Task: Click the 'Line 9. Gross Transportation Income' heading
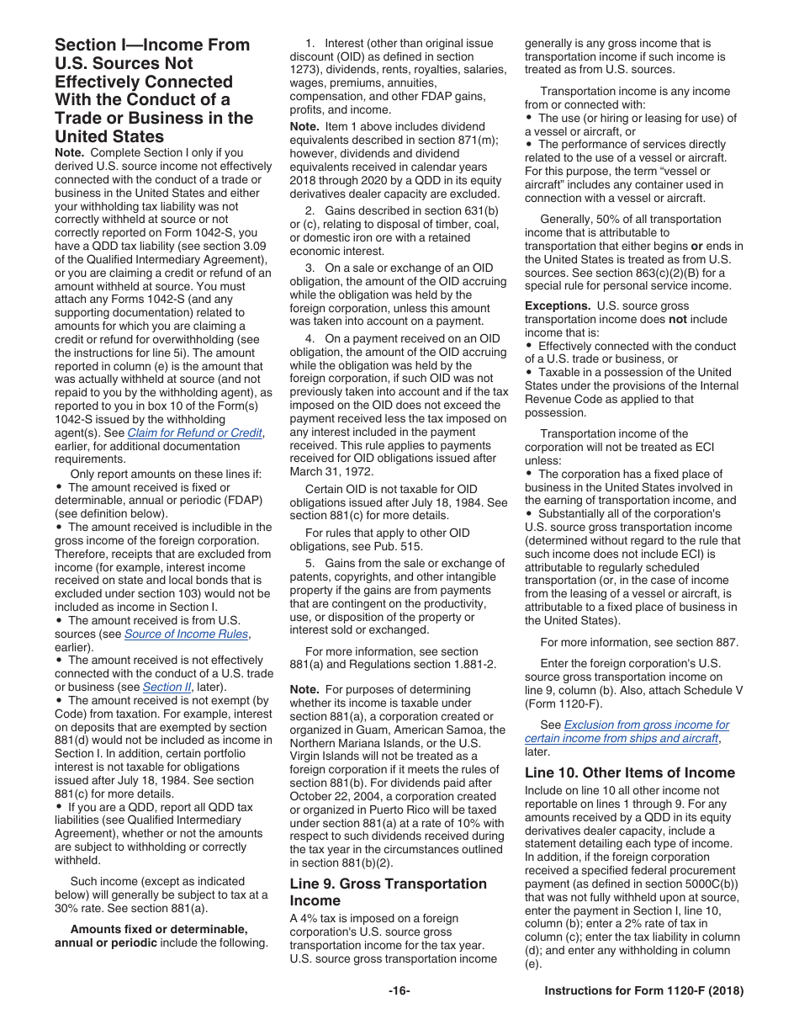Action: [388, 892]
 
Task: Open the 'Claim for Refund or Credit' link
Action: [194, 433]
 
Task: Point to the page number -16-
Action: [399, 991]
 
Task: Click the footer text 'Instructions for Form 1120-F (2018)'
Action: [643, 991]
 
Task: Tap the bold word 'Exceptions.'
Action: [558, 306]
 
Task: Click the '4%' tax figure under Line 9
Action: [310, 919]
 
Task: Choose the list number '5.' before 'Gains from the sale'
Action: [310, 564]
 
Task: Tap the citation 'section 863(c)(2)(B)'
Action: [640, 273]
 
